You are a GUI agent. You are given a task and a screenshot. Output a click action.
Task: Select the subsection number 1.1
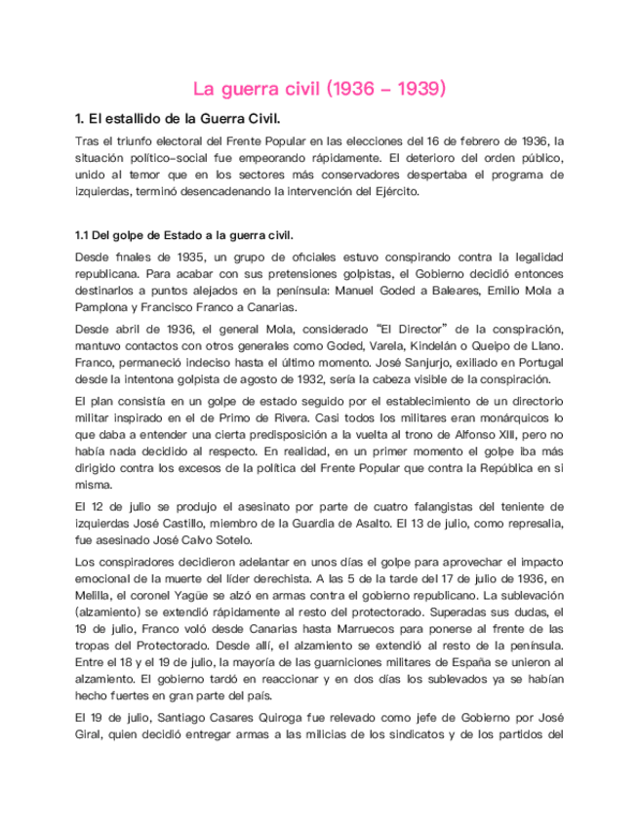pyautogui.click(x=85, y=236)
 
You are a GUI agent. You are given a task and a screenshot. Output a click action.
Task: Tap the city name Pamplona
pyautogui.click(x=101, y=308)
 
